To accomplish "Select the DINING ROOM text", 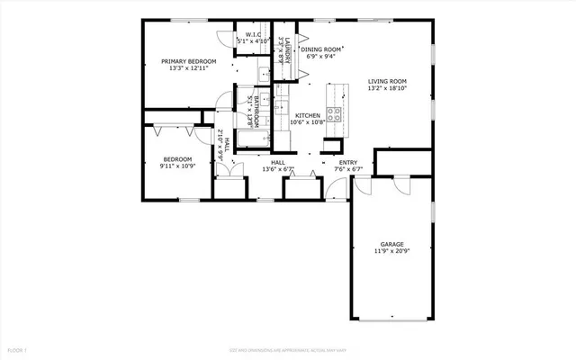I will coord(322,49).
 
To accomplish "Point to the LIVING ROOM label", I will coord(387,81).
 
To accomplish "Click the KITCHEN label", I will coord(309,116).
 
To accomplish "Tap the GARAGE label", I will coord(391,244).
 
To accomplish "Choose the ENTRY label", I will coord(347,162).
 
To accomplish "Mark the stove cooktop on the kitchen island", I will coord(333,113).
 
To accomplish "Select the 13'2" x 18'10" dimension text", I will coord(387,89).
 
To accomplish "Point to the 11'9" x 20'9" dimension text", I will coord(391,252).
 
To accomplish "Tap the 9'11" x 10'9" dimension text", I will coord(177,166).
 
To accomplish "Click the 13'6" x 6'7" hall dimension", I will coord(278,169).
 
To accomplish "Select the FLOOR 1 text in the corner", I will coord(18,348).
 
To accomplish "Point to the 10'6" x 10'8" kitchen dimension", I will coord(309,124).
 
